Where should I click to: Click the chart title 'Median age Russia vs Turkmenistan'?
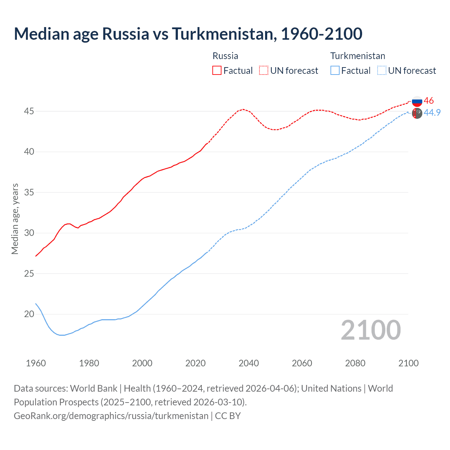point(188,34)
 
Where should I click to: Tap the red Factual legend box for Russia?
point(217,70)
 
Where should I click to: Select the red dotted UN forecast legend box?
point(264,70)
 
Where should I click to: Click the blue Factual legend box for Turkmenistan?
point(335,70)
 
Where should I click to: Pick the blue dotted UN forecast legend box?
point(382,70)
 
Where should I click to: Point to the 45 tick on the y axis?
point(29,111)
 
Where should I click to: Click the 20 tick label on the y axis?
point(29,314)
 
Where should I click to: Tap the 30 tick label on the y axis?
point(29,233)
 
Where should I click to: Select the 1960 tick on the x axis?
point(36,363)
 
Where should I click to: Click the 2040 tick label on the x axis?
point(249,363)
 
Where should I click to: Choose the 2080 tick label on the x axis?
point(355,363)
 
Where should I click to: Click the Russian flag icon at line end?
point(417,101)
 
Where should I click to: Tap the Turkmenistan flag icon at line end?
point(417,113)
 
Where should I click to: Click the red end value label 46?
point(429,101)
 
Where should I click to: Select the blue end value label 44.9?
point(432,112)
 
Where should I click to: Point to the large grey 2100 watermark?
point(371,330)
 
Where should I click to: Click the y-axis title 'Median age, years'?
point(15,219)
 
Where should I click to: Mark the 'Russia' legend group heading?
point(225,56)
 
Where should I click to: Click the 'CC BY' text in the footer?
point(228,416)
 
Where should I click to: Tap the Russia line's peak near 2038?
point(243,109)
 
